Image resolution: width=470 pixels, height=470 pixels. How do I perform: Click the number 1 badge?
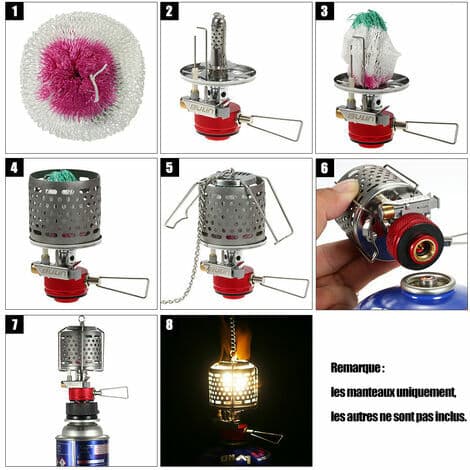pos(14,11)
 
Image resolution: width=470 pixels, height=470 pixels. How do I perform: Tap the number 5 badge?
pos(169,168)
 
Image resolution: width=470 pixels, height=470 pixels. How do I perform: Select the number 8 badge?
pos(169,324)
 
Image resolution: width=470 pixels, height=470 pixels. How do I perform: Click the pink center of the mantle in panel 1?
pos(78,77)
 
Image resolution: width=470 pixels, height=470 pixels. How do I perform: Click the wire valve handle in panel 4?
pos(120,286)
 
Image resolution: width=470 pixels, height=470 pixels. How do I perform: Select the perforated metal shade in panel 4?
pos(65,206)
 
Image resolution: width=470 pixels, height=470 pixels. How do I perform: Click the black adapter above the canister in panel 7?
pos(82,410)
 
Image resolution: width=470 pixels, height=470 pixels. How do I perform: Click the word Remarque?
pos(355,368)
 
